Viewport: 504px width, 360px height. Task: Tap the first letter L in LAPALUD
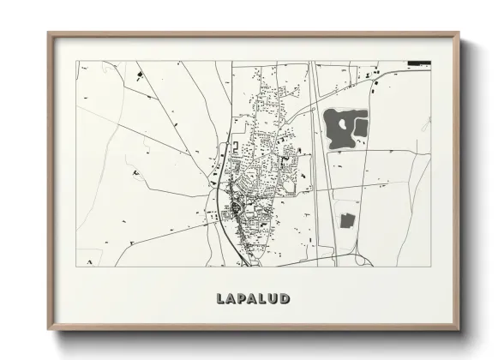(x=212, y=298)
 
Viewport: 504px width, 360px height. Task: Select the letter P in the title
(x=235, y=298)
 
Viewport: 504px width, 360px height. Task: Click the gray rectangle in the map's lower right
(x=347, y=221)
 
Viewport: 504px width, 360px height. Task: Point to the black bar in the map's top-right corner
(x=419, y=62)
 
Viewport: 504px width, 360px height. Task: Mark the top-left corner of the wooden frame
(x=49, y=34)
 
